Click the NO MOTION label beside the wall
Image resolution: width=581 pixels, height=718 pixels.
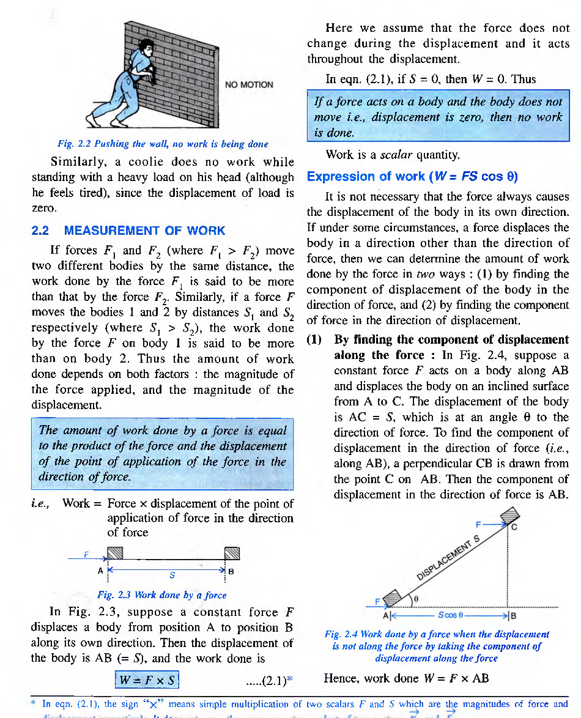pyautogui.click(x=249, y=84)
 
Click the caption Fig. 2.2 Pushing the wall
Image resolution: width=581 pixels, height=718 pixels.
pyautogui.click(x=163, y=144)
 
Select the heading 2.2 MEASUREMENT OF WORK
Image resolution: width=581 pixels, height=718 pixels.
pyautogui.click(x=128, y=231)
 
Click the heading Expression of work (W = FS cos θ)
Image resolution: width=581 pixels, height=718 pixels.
pyautogui.click(x=412, y=177)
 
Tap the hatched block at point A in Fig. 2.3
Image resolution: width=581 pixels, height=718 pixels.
pyautogui.click(x=116, y=553)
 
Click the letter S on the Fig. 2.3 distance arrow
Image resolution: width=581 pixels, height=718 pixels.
pyautogui.click(x=172, y=575)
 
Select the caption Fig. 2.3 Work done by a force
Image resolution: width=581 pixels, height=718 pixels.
pyautogui.click(x=161, y=594)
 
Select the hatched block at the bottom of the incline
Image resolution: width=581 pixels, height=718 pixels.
pyautogui.click(x=393, y=596)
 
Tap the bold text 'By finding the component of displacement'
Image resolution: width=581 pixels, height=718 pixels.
pyautogui.click(x=451, y=339)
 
